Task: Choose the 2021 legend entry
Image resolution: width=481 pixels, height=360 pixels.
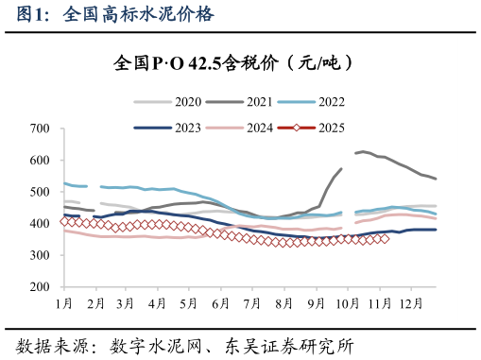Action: [x=258, y=101]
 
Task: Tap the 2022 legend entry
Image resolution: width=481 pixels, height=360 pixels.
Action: [x=330, y=101]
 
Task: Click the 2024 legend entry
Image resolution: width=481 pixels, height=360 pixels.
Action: [x=258, y=128]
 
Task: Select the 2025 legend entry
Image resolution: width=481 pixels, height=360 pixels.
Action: [x=330, y=128]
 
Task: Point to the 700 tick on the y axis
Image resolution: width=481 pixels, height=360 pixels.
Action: [x=40, y=129]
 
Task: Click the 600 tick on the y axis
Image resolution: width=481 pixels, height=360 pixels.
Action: [x=40, y=161]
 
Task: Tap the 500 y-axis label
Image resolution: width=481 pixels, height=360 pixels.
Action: [x=40, y=192]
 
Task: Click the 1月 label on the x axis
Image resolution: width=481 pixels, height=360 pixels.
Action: [x=64, y=303]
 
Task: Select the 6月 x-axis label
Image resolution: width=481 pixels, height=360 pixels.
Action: [x=221, y=303]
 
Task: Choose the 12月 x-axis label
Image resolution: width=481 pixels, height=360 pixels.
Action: [x=410, y=303]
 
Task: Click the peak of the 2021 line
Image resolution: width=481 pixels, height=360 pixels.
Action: [x=363, y=151]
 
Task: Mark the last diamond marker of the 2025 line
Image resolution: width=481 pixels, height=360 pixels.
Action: [x=385, y=238]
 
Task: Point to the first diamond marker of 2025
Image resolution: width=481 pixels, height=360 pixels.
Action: [x=64, y=221]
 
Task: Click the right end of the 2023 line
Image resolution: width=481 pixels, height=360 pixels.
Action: [x=436, y=230]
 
